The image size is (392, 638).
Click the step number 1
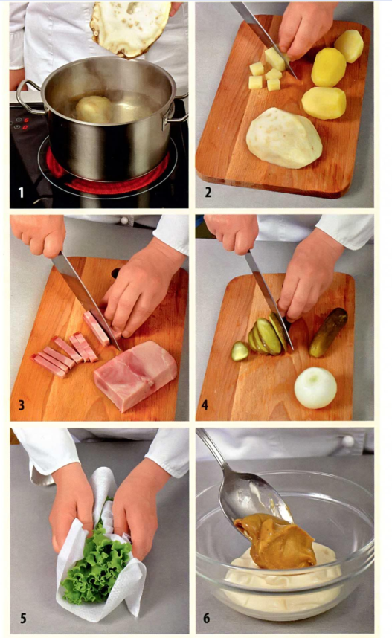pos(21,192)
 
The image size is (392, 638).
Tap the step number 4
pos(205,405)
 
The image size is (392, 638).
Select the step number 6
pos(207,619)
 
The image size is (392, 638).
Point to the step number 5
pos(23,619)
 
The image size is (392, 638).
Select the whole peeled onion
pos(315,387)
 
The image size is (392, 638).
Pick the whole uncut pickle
pos(328,332)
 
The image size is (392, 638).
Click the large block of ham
pos(135,376)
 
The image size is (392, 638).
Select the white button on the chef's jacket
pos(348,441)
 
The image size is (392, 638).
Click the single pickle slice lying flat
pos(240,351)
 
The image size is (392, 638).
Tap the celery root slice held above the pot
pos(130,27)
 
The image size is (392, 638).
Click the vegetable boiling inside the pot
pos(94,109)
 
